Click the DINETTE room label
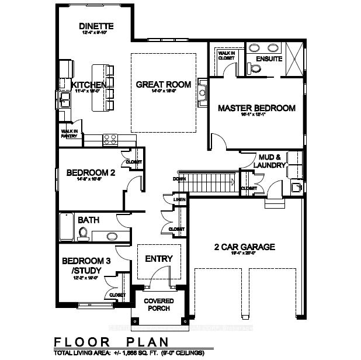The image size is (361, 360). coord(96,27)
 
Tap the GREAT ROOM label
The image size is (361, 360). coord(163,85)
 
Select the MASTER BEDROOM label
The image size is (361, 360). coord(256,108)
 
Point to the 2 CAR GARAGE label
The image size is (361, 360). coord(244,247)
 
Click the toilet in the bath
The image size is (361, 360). coord(82,234)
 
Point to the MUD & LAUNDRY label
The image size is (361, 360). coord(270,161)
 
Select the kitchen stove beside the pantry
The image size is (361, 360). coord(111,139)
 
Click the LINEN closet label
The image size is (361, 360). coord(179,200)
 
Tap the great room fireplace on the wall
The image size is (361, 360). coord(202,92)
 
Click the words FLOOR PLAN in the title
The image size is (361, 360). coord(111,342)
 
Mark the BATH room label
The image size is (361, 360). coord(88,220)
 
